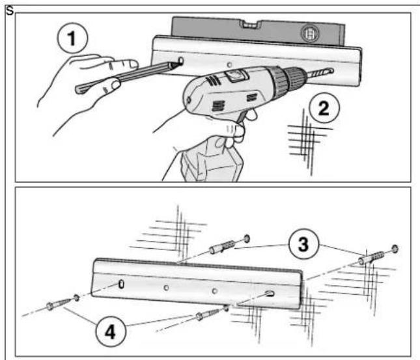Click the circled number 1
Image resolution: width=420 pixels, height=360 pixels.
coord(72,38)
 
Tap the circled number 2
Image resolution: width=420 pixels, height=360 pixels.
coord(324,107)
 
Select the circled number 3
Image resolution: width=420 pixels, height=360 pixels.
coord(303,243)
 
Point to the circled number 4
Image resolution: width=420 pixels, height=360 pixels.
coord(110,332)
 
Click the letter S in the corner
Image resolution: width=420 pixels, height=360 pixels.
coord(10,11)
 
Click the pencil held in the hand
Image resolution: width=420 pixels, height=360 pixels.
coord(126,77)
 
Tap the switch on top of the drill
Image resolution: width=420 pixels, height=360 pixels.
coord(237,76)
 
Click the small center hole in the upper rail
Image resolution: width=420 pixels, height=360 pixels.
coord(229,65)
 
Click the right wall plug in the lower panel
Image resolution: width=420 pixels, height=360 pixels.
coord(372,258)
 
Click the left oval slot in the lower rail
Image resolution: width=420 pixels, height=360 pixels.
coord(121,284)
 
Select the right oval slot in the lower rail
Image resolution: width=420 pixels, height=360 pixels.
coord(270,294)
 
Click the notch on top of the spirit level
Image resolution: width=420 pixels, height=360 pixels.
coord(251,25)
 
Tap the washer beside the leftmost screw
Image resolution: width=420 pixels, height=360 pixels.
coord(76,298)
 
